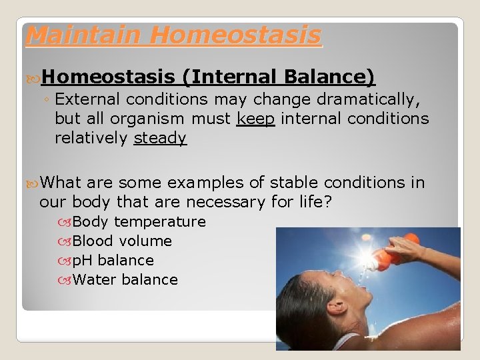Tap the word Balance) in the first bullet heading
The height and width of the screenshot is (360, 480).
tap(329, 78)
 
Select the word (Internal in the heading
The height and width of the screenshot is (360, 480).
tap(231, 78)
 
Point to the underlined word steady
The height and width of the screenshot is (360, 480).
tap(160, 138)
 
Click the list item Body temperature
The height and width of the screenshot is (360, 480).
tap(139, 221)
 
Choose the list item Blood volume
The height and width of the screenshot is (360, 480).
tap(122, 241)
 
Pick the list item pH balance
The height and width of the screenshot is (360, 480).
tap(113, 260)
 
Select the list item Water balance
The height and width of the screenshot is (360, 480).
tap(125, 279)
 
